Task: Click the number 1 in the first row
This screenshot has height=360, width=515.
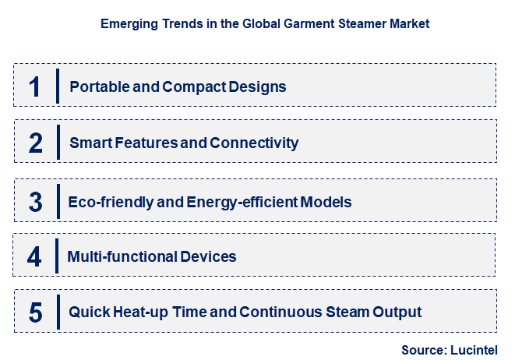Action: click(x=34, y=86)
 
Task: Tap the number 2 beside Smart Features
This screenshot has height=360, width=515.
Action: click(x=36, y=143)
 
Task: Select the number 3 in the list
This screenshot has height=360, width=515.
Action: click(x=36, y=202)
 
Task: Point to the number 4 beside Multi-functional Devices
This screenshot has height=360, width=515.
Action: click(x=35, y=256)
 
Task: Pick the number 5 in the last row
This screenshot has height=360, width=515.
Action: click(x=36, y=312)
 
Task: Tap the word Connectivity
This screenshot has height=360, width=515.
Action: click(x=255, y=143)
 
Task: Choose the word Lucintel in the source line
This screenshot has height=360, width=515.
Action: click(x=473, y=349)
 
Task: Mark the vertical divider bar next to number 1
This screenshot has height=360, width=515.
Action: click(x=58, y=86)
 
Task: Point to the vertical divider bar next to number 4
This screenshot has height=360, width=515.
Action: click(x=57, y=256)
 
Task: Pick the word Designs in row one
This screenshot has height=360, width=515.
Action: click(x=258, y=86)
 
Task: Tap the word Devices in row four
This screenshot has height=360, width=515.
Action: click(x=210, y=256)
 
